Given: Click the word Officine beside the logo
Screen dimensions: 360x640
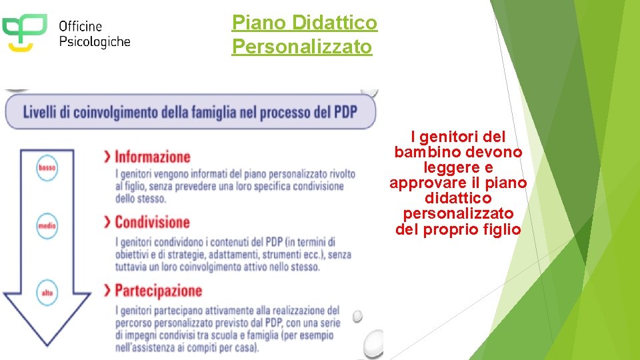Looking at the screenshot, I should coord(80,27).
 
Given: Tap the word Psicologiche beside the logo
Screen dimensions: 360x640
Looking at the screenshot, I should coord(94,41).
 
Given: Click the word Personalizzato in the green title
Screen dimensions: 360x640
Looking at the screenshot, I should coord(301,47).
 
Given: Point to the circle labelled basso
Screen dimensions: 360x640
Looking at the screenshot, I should coord(47,168).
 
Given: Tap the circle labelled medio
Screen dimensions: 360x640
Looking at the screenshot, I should coord(47,227).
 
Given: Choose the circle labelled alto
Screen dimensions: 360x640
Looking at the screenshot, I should coord(47,293).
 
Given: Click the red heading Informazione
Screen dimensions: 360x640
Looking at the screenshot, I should coord(153,157).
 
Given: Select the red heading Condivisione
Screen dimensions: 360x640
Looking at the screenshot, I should coord(152,222).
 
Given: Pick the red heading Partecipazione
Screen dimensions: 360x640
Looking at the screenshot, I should coord(158,291).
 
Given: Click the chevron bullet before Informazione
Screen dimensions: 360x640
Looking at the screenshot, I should coord(107,157).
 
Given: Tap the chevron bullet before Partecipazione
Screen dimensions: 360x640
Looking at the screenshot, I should coord(107,291).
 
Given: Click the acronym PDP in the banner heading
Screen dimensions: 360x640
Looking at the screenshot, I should coord(345,111).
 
